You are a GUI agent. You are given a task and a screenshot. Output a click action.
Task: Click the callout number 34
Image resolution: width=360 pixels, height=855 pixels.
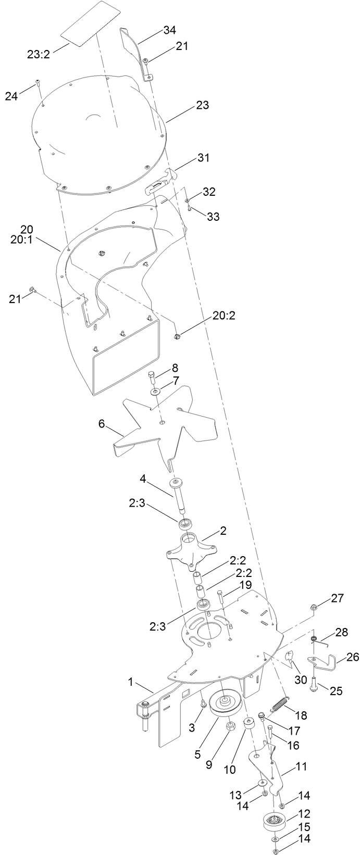coord(169,31)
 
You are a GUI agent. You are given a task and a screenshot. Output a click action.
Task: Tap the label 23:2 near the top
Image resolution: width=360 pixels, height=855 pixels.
coord(39,53)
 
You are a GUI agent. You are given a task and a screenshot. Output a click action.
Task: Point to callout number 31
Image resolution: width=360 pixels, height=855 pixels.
coord(203,157)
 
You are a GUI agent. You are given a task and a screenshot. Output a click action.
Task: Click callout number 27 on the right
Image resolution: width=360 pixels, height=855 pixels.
coord(337,598)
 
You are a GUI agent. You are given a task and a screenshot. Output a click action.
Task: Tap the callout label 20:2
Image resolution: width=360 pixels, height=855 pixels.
coord(224,316)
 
